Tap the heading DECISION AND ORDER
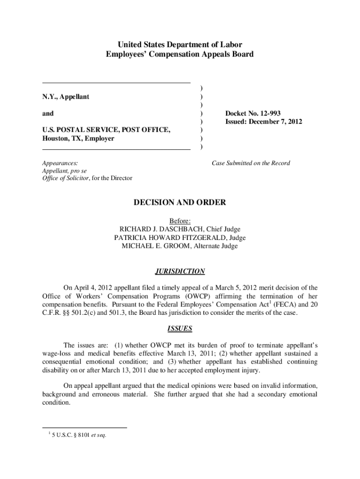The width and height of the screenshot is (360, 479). click(x=180, y=203)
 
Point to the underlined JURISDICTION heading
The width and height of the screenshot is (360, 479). click(x=180, y=272)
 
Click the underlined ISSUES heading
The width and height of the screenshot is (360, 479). click(x=180, y=328)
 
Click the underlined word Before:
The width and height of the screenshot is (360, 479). click(x=180, y=221)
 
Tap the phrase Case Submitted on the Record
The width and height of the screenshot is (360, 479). click(x=251, y=163)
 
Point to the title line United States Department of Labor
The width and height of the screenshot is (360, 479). click(x=180, y=45)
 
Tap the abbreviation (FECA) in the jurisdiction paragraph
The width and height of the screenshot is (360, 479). click(x=281, y=305)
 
